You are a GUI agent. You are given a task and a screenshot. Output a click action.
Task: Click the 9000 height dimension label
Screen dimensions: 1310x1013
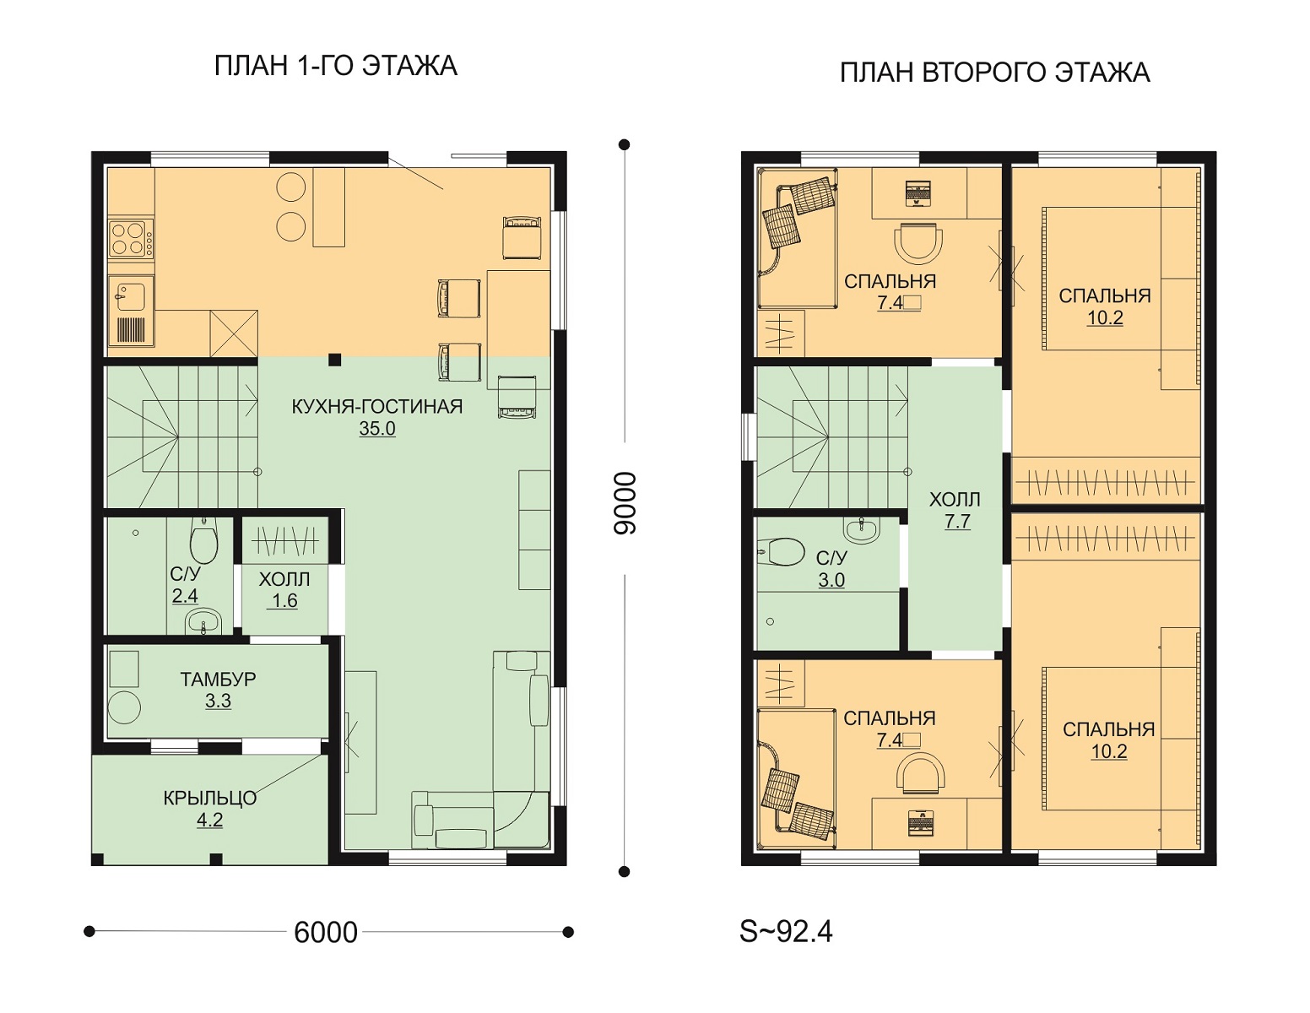click(625, 503)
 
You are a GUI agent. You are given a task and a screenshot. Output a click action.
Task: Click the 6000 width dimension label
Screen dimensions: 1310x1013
click(326, 932)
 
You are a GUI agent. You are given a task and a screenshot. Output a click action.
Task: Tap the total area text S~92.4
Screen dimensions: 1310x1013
click(786, 931)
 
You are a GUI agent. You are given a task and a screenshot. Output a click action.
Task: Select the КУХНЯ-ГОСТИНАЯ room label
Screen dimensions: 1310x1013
click(377, 407)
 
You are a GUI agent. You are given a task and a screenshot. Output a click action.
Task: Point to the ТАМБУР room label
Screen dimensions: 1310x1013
click(219, 680)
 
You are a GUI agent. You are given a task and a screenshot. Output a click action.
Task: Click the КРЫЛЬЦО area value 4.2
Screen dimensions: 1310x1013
click(210, 821)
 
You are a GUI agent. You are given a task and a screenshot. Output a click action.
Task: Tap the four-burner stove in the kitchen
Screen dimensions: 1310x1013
click(131, 238)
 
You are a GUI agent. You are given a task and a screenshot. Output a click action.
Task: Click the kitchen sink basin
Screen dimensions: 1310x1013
click(131, 297)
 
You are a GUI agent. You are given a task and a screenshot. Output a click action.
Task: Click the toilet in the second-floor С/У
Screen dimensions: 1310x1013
click(781, 551)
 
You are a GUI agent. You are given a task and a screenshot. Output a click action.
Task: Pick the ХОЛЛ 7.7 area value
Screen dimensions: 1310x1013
click(957, 521)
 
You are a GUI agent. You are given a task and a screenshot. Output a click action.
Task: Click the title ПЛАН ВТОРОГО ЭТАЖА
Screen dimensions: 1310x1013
click(994, 73)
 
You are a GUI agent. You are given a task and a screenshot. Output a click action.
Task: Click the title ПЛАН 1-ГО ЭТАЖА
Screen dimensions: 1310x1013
click(336, 67)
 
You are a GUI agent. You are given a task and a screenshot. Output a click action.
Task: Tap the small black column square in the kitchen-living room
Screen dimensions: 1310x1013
click(334, 360)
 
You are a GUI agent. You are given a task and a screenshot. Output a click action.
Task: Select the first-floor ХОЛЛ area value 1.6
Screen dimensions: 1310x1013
click(284, 601)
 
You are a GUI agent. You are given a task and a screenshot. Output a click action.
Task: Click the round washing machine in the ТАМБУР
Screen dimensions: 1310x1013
click(125, 707)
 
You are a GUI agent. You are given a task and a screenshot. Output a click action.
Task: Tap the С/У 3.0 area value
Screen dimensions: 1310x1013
click(831, 580)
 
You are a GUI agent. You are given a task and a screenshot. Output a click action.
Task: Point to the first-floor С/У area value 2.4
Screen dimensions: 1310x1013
click(185, 596)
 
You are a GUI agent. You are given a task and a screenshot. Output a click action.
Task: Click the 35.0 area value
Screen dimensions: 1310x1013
click(377, 429)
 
